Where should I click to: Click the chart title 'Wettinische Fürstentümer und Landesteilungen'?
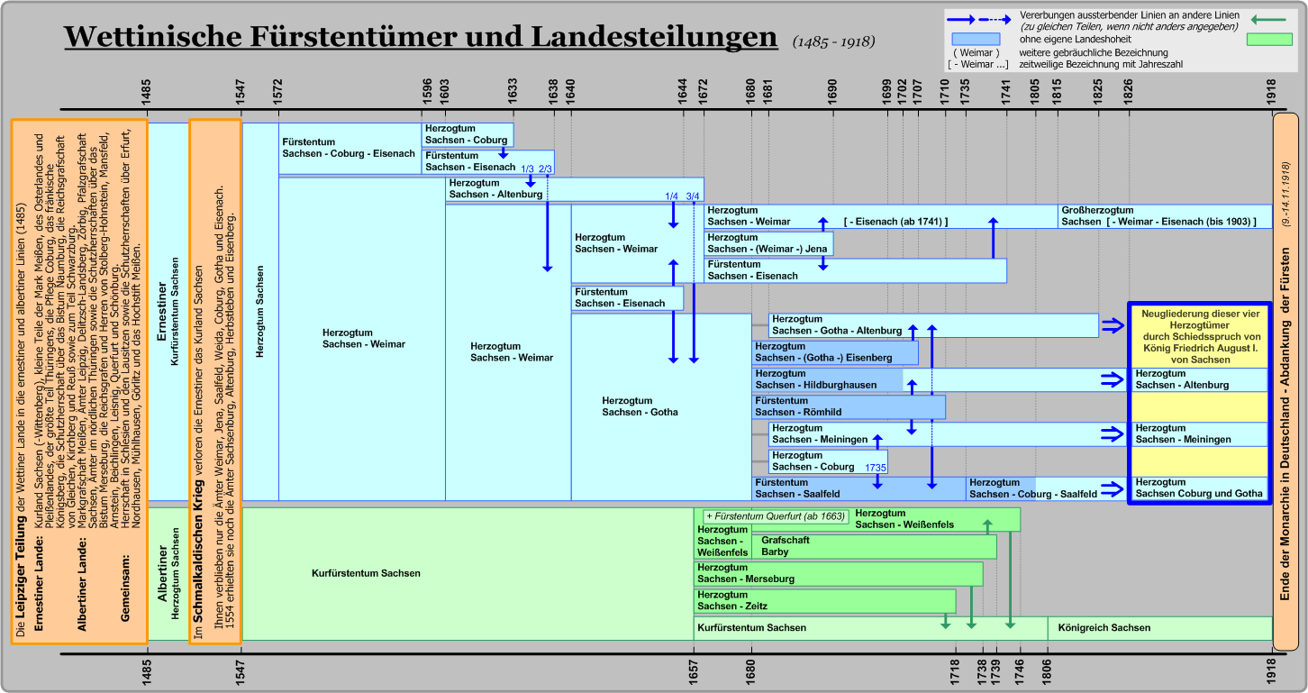click(x=421, y=37)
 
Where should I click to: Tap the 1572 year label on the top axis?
click(x=277, y=92)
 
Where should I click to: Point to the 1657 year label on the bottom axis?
click(x=693, y=672)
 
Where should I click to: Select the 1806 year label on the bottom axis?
click(x=1047, y=672)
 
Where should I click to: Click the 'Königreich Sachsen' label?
click(x=1104, y=627)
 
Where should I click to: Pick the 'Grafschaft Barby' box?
click(x=874, y=546)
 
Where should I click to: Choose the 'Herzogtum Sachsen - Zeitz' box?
click(x=824, y=601)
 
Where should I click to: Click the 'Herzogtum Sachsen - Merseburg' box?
click(x=838, y=574)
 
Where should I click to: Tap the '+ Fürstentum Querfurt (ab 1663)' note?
click(x=776, y=516)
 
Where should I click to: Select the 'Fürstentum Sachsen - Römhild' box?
click(x=849, y=406)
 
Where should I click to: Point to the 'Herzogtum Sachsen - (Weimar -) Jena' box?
click(x=768, y=243)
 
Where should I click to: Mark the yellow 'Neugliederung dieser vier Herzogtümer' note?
click(x=1201, y=336)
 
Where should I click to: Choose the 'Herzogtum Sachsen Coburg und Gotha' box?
click(x=1199, y=488)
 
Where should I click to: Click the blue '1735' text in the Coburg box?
click(x=876, y=468)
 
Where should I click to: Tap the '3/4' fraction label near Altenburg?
click(x=693, y=196)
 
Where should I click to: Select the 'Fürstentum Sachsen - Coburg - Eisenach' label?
click(x=349, y=148)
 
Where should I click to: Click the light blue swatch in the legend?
click(x=976, y=39)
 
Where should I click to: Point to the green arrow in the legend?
click(x=1268, y=20)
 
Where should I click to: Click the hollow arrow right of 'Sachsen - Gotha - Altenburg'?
click(x=1113, y=325)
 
